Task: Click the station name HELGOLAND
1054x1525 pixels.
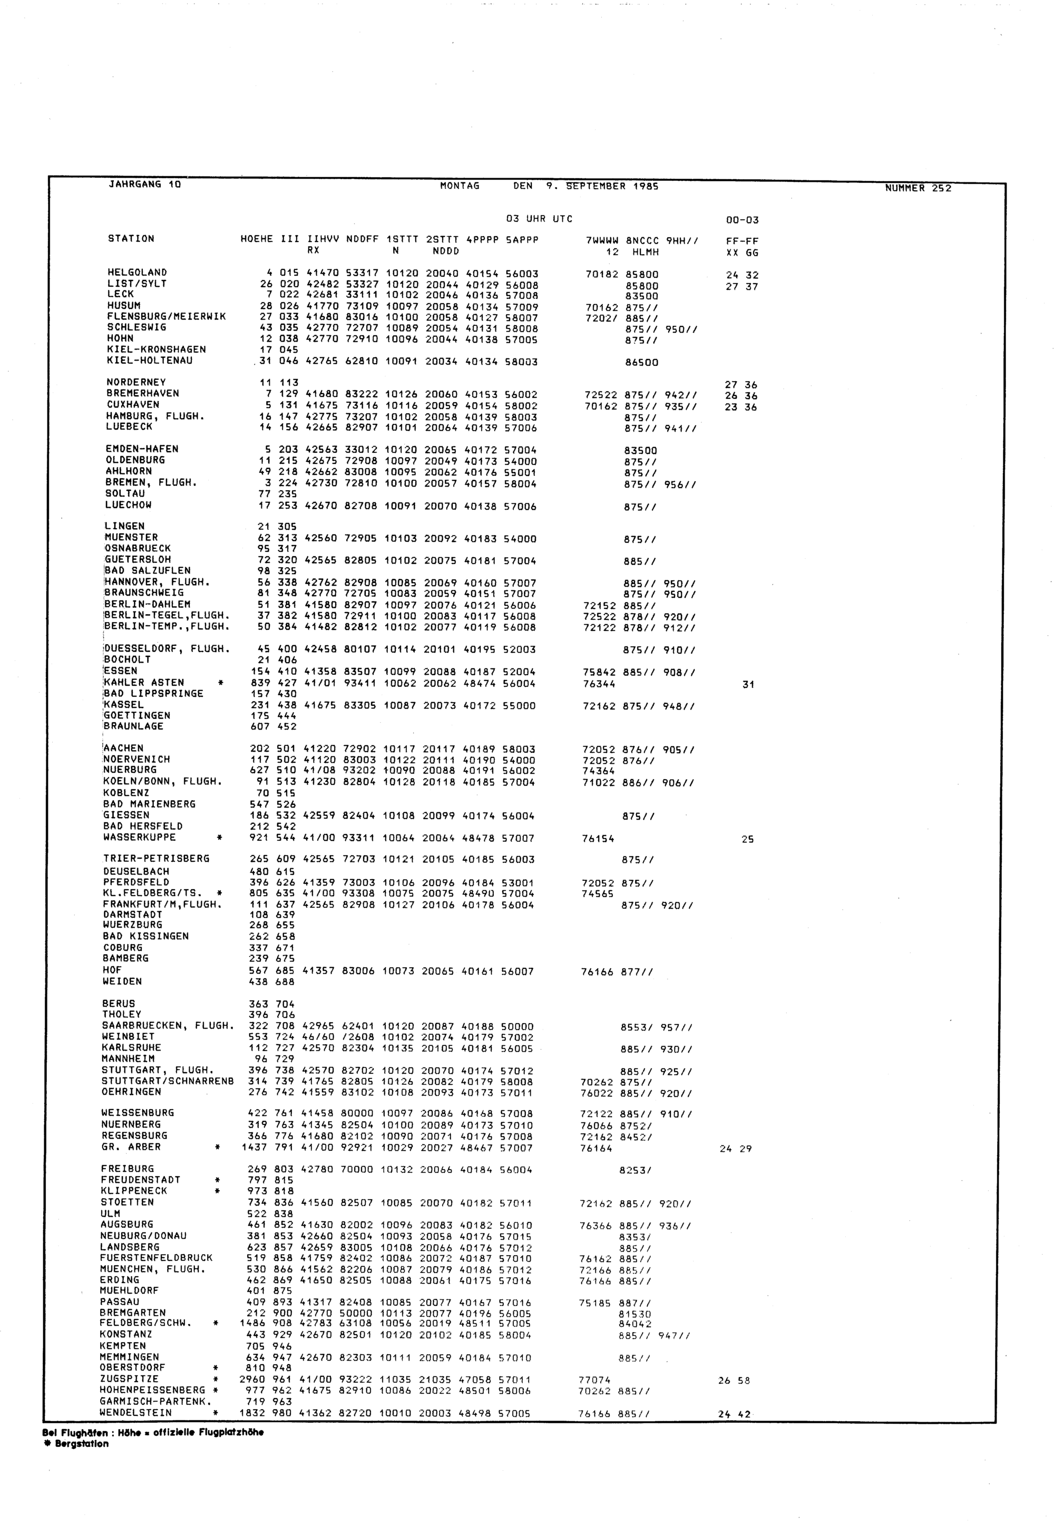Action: click(x=136, y=272)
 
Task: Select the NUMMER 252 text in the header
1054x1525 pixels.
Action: click(x=918, y=188)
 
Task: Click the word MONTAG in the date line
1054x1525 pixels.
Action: click(x=460, y=186)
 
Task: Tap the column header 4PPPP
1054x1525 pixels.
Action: click(x=482, y=240)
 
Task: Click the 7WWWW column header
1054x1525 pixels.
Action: click(x=602, y=240)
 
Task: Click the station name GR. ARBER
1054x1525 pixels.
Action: click(x=131, y=1147)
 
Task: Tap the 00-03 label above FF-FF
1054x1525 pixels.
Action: click(x=743, y=220)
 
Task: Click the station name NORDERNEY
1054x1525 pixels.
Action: click(x=136, y=382)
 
